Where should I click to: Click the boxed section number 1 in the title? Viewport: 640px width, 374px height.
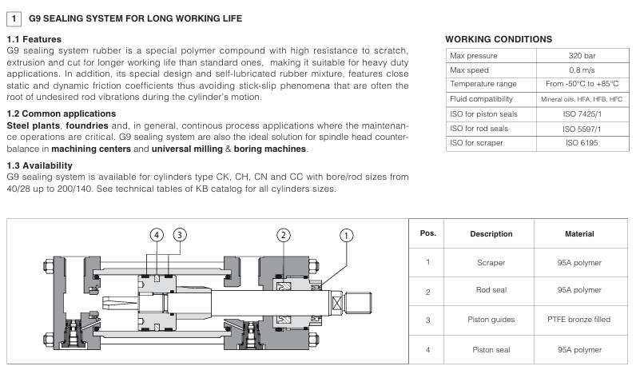pyautogui.click(x=12, y=17)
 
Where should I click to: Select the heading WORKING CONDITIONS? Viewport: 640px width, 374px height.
pyautogui.click(x=498, y=38)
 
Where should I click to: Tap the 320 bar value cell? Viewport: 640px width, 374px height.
pyautogui.click(x=582, y=56)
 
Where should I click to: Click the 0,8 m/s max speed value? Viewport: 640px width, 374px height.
pyautogui.click(x=582, y=70)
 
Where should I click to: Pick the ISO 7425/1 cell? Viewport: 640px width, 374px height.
pyautogui.click(x=582, y=113)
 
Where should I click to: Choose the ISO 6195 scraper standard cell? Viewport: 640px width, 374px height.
pyautogui.click(x=582, y=142)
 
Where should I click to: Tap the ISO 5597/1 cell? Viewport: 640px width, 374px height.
pyautogui.click(x=582, y=128)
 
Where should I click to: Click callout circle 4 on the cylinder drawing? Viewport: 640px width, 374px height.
pyautogui.click(x=157, y=234)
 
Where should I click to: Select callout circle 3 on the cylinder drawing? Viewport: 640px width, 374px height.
pyautogui.click(x=180, y=234)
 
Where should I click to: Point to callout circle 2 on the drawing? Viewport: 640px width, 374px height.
pyautogui.click(x=283, y=234)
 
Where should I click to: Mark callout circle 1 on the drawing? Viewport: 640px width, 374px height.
pyautogui.click(x=346, y=234)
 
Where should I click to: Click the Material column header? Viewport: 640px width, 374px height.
pyautogui.click(x=579, y=234)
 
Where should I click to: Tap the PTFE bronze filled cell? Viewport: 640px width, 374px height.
pyautogui.click(x=579, y=320)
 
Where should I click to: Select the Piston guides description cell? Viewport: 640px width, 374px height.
pyautogui.click(x=491, y=320)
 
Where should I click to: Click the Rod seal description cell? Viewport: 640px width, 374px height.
pyautogui.click(x=491, y=291)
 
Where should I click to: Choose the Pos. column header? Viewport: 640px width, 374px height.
pyautogui.click(x=427, y=233)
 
